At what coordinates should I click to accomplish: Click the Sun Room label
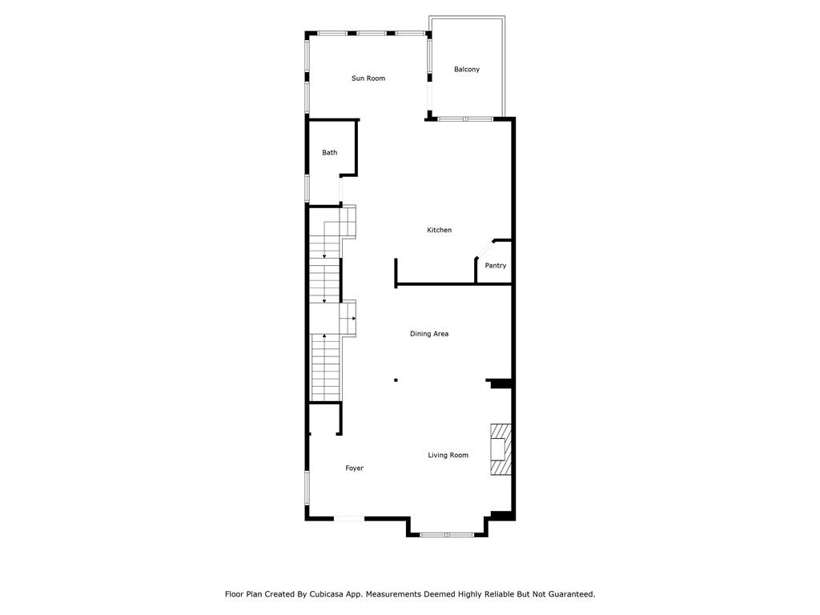pos(368,78)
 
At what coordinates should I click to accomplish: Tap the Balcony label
pos(467,69)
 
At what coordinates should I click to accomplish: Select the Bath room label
pos(329,153)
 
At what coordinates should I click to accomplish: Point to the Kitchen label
pos(440,230)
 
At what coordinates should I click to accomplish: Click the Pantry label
pos(495,266)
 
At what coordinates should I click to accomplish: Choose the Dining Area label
pos(429,334)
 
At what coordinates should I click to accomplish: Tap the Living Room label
pos(448,455)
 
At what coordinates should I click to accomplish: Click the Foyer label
pos(354,468)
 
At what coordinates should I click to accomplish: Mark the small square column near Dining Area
pos(396,380)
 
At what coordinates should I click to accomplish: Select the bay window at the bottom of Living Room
pos(447,534)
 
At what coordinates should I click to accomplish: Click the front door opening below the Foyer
pos(349,518)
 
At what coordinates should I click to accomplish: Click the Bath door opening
pos(340,191)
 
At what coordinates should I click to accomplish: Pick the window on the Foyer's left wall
pos(307,488)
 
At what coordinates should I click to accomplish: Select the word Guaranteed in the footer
pos(571,594)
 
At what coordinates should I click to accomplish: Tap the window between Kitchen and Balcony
pos(465,119)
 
